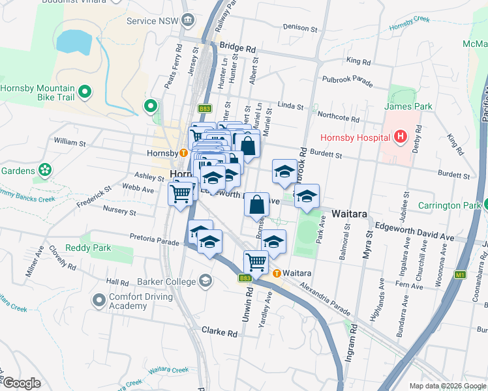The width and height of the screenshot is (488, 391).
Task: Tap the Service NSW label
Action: [152, 21]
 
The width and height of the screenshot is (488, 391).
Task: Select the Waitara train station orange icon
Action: [277, 273]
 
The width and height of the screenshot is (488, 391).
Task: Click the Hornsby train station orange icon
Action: [184, 153]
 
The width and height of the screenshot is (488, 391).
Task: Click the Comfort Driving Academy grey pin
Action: [99, 300]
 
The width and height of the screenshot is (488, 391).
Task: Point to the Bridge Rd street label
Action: [238, 48]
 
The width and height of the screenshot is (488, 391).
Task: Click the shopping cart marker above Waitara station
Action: [256, 262]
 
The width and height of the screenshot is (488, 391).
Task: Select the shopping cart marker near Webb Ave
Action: [181, 192]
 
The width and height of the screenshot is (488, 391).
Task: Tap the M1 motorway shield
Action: [460, 275]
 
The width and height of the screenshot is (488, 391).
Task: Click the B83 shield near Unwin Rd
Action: [245, 278]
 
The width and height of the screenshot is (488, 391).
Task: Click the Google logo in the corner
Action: [22, 383]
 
